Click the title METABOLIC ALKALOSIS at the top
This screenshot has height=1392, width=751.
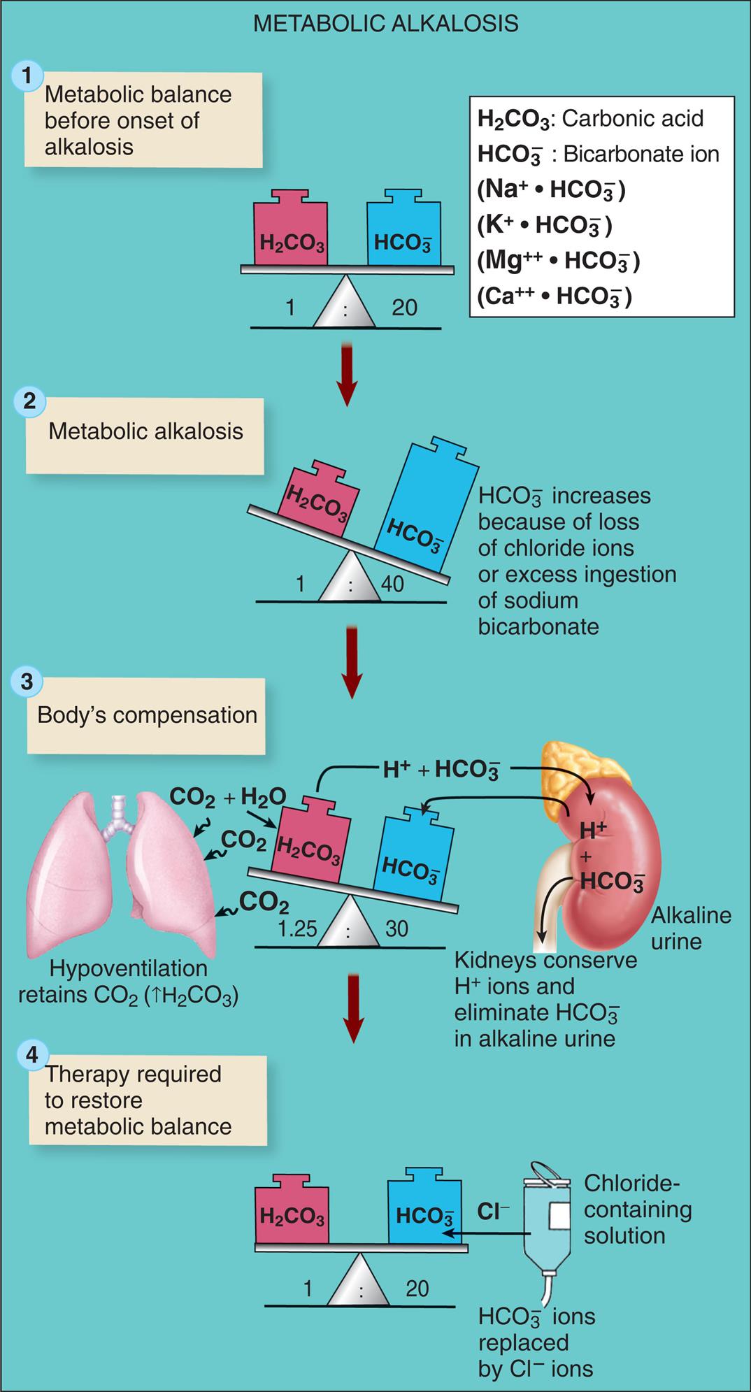point(385,23)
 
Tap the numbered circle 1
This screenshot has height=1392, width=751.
point(27,75)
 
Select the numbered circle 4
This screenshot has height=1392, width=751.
point(32,1054)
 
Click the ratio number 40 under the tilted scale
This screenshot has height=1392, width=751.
point(392,584)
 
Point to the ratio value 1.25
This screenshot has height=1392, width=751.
point(296,928)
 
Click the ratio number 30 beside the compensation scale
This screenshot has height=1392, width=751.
point(396,928)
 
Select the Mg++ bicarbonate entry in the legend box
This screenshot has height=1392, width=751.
point(558,261)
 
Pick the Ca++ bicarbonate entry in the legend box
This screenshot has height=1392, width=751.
point(554,297)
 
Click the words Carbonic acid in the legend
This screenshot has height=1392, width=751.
point(632,119)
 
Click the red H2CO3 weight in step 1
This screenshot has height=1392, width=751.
point(291,231)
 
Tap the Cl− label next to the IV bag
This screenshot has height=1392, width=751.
point(494,1212)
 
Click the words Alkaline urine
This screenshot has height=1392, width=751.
point(691,928)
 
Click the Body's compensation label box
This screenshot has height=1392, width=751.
point(146,715)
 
